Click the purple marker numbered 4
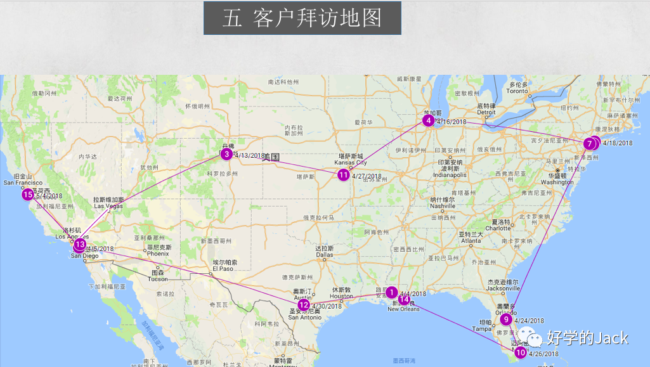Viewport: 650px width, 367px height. click(x=429, y=120)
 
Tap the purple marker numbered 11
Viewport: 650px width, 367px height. click(x=343, y=175)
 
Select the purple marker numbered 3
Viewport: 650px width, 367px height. click(x=226, y=153)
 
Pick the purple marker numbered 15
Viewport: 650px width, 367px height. click(x=27, y=195)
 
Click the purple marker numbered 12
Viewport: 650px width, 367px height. click(x=304, y=305)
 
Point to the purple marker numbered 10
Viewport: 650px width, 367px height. click(x=521, y=352)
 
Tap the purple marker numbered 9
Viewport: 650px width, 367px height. click(x=506, y=319)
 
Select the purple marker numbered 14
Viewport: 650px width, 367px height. click(x=405, y=299)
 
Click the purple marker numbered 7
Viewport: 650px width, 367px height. click(x=590, y=144)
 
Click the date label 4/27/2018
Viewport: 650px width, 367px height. click(x=367, y=177)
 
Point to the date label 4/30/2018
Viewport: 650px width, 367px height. click(x=327, y=307)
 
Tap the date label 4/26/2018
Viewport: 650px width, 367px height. click(x=543, y=354)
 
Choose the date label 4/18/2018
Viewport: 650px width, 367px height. click(x=618, y=143)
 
